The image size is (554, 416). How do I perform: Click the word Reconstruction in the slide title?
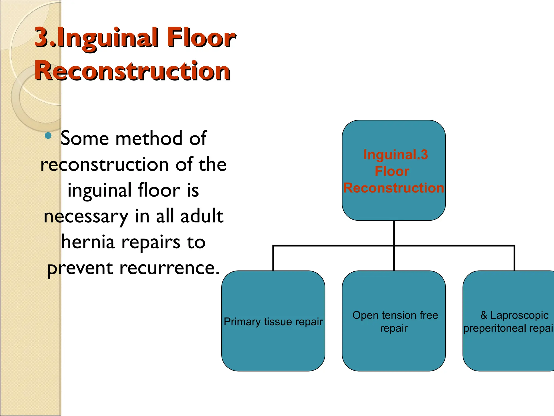tap(133, 71)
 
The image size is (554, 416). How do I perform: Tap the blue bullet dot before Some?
tap(48, 135)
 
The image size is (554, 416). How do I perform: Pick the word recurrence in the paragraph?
tap(169, 268)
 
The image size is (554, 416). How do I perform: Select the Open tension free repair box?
tap(394, 349)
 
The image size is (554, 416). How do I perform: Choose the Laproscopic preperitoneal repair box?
tap(509, 349)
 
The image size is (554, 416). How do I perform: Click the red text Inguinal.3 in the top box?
tap(395, 155)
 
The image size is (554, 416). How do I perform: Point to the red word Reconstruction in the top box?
tap(394, 188)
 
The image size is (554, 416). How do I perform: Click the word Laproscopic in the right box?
tap(519, 315)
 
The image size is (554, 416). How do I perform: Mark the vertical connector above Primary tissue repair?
tap(273, 259)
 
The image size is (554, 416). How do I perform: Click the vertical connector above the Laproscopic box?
tap(514, 259)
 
